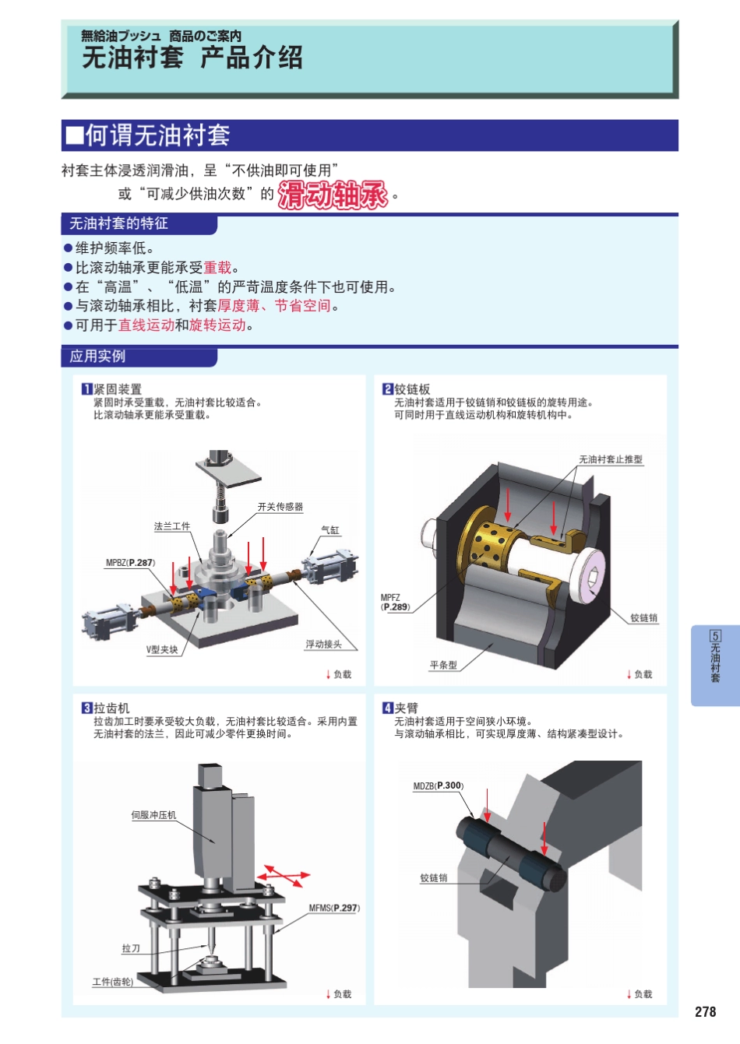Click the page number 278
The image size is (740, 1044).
pyautogui.click(x=705, y=1011)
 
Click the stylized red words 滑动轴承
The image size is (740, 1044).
pyautogui.click(x=333, y=195)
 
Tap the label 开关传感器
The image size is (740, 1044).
pyautogui.click(x=280, y=507)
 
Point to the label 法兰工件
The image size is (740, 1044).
pyautogui.click(x=172, y=527)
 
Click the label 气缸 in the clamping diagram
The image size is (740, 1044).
pyautogui.click(x=330, y=530)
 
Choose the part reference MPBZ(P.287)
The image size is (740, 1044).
pyautogui.click(x=130, y=563)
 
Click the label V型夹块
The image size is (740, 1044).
pyautogui.click(x=162, y=649)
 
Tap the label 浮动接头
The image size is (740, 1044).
pyautogui.click(x=323, y=645)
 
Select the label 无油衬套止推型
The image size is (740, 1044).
pyautogui.click(x=611, y=459)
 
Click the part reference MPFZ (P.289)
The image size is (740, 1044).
pyautogui.click(x=394, y=603)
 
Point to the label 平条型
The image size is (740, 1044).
pyautogui.click(x=443, y=665)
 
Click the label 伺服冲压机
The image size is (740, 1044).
pyautogui.click(x=153, y=815)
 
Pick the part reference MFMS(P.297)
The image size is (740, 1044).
pyautogui.click(x=334, y=908)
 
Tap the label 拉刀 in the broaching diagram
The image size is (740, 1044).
pyautogui.click(x=131, y=948)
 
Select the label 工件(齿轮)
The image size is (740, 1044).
pyautogui.click(x=113, y=982)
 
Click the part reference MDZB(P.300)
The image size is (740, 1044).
pyautogui.click(x=438, y=786)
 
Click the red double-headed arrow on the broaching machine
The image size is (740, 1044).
pyautogui.click(x=284, y=877)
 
